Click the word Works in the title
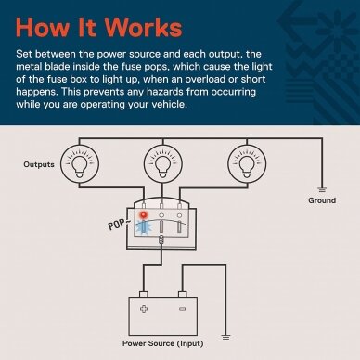144,27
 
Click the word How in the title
43,27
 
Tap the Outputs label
39,164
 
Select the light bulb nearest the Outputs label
80,163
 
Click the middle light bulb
163,163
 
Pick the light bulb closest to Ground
247,163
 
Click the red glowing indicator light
144,215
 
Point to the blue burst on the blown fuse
145,227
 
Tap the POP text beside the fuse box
117,225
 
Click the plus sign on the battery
144,309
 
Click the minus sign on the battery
183,309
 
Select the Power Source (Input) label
163,343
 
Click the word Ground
322,200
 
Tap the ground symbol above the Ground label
322,189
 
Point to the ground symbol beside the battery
226,337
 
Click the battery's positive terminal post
144,294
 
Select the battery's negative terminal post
183,294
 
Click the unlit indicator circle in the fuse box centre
161,215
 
